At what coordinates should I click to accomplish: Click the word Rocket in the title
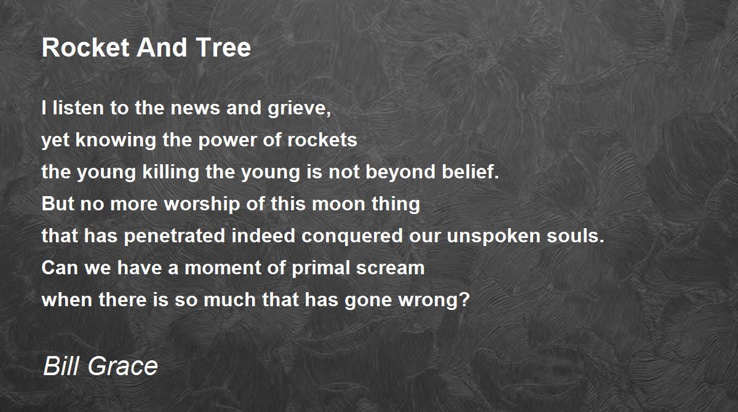(85, 47)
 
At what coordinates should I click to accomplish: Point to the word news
(195, 108)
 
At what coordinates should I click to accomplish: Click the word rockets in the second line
(322, 140)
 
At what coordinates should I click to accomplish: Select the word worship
(202, 204)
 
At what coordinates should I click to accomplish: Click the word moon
(338, 204)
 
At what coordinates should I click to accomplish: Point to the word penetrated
(174, 236)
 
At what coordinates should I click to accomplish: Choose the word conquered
(352, 236)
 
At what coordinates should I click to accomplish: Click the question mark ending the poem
(464, 299)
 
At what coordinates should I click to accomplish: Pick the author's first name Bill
(62, 365)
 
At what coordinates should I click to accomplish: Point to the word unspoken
(493, 236)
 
